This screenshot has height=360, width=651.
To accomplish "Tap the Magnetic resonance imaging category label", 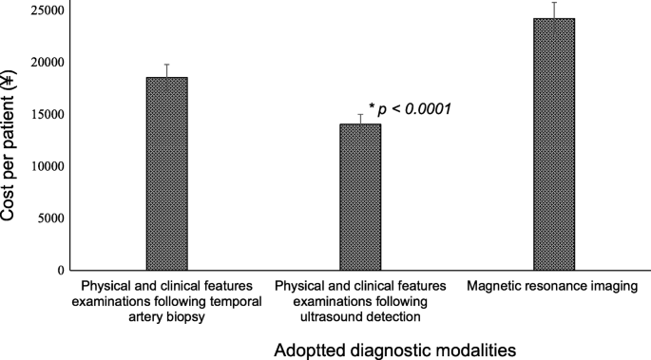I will (x=553, y=286).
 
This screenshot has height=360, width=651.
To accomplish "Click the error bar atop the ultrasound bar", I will (x=360, y=119).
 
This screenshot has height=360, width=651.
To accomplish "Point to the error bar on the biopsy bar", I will (x=166, y=70).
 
